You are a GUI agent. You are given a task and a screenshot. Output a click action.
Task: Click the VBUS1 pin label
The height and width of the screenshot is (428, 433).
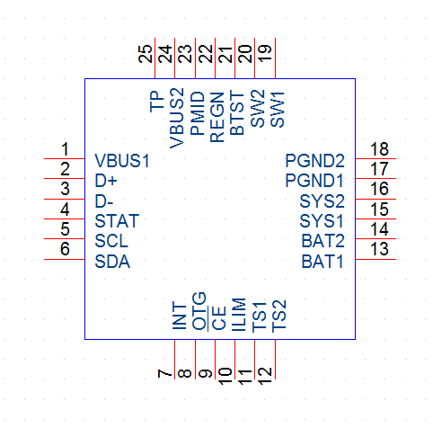122,161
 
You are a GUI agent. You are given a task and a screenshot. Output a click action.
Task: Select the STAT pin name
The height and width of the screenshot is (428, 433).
117,221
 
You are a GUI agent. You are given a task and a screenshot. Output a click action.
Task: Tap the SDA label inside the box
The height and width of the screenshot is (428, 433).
112,262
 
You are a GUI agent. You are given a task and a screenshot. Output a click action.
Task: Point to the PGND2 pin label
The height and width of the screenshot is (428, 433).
314,161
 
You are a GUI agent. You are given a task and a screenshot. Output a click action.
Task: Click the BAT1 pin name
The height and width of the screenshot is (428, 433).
323,262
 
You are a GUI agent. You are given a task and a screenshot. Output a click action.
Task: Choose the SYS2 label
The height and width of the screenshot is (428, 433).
322,201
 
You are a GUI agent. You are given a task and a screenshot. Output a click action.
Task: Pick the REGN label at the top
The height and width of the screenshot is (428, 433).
217,117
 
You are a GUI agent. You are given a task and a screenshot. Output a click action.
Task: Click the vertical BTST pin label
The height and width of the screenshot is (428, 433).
237,113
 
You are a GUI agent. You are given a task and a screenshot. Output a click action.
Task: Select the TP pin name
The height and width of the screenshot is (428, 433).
157,103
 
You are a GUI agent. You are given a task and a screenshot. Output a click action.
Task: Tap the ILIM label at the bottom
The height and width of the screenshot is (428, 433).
239,315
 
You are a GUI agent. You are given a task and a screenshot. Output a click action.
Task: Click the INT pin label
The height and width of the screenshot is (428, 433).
180,316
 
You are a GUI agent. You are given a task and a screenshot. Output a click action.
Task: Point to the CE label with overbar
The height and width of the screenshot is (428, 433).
218,318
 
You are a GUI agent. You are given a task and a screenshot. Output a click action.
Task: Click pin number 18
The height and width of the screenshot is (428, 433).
379,149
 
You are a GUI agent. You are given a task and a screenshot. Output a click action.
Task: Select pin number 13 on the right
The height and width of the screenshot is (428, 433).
379,249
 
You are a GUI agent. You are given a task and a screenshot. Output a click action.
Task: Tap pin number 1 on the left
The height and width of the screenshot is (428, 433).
65,149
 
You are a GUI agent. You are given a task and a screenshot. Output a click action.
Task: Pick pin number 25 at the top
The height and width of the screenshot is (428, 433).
146,54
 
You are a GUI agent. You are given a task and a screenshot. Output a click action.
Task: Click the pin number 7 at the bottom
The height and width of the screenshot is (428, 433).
164,373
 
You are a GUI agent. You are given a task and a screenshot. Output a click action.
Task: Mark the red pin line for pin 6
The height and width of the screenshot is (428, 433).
65,259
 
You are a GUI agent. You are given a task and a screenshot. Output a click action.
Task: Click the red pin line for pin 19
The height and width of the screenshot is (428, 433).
275,58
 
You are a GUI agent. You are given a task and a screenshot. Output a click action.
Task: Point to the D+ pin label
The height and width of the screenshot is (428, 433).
106,181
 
